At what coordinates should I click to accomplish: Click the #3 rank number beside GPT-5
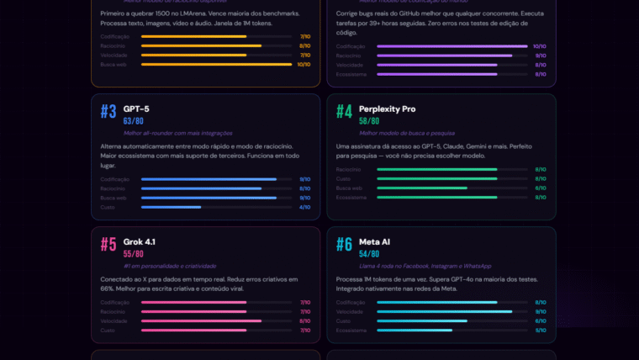pos(108,112)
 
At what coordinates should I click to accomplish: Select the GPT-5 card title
pos(136,109)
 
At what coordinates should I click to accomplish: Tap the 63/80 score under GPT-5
pos(134,121)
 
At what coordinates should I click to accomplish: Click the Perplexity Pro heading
pos(387,109)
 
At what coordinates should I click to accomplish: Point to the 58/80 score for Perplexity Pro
pos(369,121)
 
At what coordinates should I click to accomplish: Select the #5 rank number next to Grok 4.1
pos(108,245)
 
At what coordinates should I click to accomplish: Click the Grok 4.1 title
pos(140,241)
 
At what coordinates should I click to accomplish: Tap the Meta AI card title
pos(374,241)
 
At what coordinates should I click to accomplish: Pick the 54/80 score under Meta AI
pos(369,254)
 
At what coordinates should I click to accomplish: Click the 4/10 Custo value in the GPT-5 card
pos(304,207)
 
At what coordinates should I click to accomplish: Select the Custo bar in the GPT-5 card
pos(216,207)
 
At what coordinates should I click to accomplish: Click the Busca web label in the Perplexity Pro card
pos(350,188)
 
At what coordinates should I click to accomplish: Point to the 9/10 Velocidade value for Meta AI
pos(541,311)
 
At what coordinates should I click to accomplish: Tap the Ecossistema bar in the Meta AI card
pos(452,330)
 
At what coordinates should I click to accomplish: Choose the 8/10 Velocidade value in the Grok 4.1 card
pos(304,320)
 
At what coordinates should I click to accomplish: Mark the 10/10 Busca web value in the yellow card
pos(304,65)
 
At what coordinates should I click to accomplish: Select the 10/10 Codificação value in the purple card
pos(539,46)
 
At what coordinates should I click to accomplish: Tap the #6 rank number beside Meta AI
pos(344,245)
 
